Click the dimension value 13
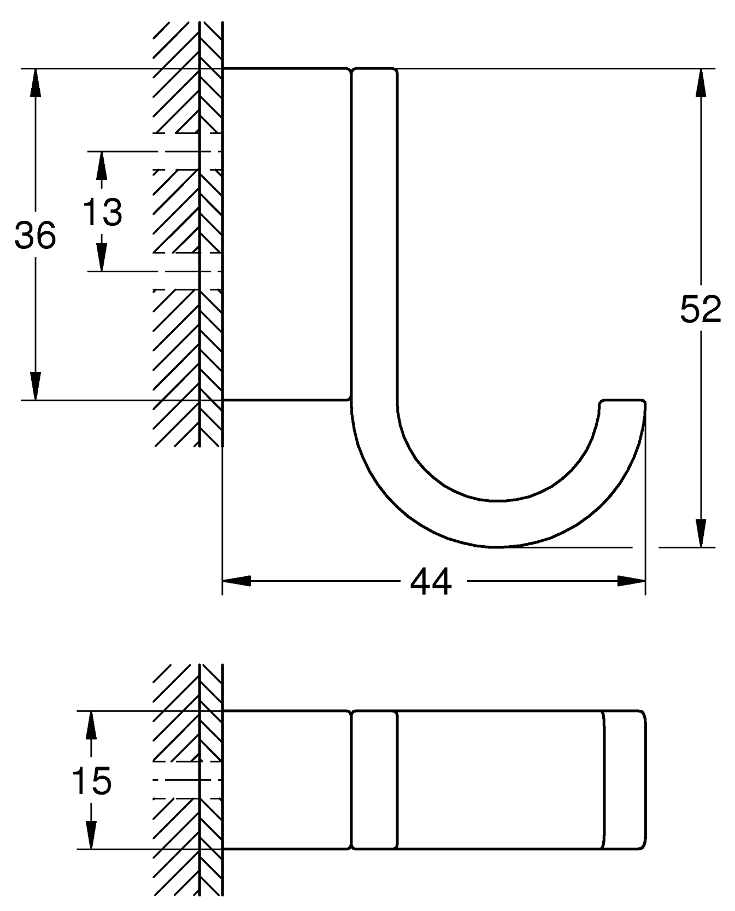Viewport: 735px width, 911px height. pyautogui.click(x=102, y=212)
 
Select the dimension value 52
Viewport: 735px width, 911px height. pyautogui.click(x=701, y=309)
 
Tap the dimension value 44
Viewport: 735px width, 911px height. pyautogui.click(x=431, y=581)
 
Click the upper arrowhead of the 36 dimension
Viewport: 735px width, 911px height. pyautogui.click(x=36, y=82)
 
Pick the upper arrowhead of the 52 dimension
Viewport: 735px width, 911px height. pyautogui.click(x=701, y=82)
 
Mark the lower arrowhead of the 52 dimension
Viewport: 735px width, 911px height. pyautogui.click(x=701, y=533)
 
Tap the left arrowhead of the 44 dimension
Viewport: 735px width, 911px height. pyautogui.click(x=236, y=581)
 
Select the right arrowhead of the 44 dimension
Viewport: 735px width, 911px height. pyautogui.click(x=632, y=581)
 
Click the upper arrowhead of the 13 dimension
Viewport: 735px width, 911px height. pyautogui.click(x=102, y=165)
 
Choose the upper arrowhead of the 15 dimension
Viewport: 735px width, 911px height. pyautogui.click(x=91, y=725)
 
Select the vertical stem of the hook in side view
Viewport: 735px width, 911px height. pyautogui.click(x=374, y=235)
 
